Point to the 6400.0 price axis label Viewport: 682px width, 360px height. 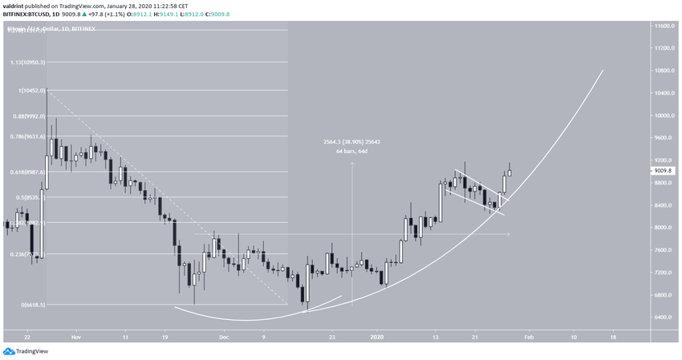pos(664,318)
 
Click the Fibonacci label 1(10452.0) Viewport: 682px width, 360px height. pos(23,91)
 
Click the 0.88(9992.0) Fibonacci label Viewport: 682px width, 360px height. pos(24,116)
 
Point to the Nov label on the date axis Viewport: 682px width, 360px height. pos(76,338)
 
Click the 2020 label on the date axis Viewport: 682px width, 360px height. pos(377,338)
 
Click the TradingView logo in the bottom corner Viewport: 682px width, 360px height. pos(26,351)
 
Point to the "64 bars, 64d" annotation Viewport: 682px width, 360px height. pos(352,150)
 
